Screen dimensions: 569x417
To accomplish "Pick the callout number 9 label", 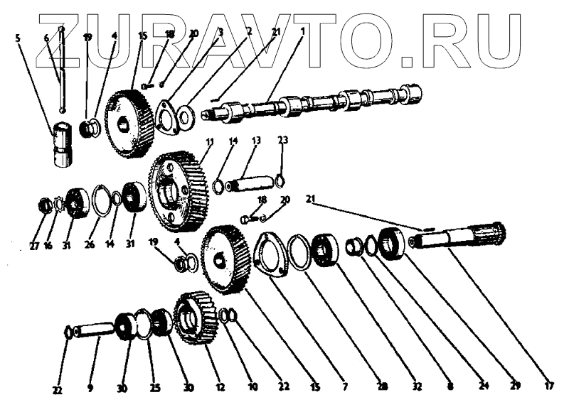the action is coord(90,388).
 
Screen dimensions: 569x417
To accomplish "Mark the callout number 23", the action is coord(282,140).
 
